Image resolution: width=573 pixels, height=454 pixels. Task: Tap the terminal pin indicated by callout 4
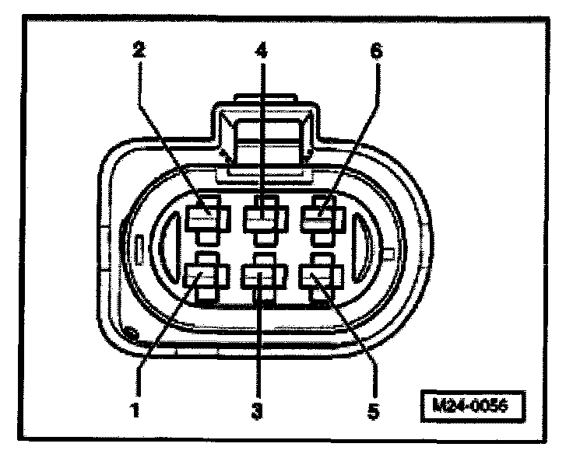click(262, 218)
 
